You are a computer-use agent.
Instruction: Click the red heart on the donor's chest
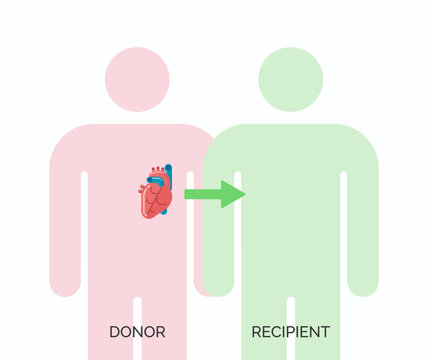pyautogui.click(x=155, y=197)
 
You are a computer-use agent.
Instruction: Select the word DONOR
pyautogui.click(x=137, y=331)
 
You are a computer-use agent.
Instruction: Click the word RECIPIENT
pyautogui.click(x=290, y=331)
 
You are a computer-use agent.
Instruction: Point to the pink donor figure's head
pyautogui.click(x=137, y=79)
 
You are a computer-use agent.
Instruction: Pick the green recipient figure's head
pyautogui.click(x=290, y=79)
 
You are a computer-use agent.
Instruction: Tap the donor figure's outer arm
pyautogui.click(x=64, y=230)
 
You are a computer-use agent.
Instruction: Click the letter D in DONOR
pyautogui.click(x=114, y=331)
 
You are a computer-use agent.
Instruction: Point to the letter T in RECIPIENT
pyautogui.click(x=325, y=331)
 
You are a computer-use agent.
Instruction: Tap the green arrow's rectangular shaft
pyautogui.click(x=203, y=194)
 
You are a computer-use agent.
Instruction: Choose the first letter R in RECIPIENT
pyautogui.click(x=256, y=331)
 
